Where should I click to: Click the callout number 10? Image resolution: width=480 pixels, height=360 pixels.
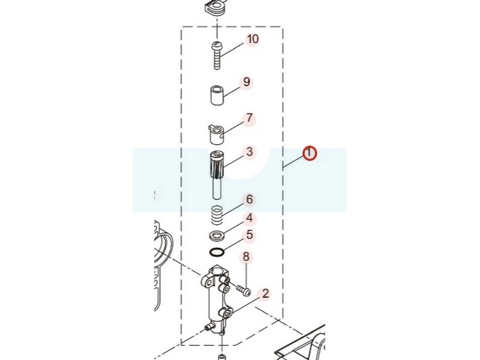click(x=253, y=39)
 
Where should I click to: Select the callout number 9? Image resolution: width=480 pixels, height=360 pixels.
click(x=247, y=82)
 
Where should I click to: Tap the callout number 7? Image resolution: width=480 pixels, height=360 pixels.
click(x=250, y=118)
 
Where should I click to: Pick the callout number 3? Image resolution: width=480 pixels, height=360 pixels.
click(x=250, y=152)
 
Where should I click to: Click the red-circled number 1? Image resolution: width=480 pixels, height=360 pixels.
click(x=310, y=154)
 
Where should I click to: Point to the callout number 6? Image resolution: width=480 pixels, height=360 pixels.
click(x=250, y=200)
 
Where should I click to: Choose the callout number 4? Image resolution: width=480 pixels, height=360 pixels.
click(x=250, y=218)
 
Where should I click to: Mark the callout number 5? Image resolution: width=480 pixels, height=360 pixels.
click(x=250, y=235)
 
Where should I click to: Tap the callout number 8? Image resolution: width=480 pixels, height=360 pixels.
click(x=246, y=257)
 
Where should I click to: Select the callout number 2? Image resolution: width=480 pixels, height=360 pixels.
click(x=265, y=293)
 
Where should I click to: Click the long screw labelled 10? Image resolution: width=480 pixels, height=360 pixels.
click(x=217, y=56)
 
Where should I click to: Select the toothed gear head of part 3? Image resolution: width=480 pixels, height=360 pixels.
click(x=217, y=164)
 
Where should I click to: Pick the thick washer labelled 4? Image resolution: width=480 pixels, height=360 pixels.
click(x=217, y=236)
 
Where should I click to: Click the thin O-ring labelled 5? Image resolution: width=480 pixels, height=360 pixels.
click(x=217, y=252)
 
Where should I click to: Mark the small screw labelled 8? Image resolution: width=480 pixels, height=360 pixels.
click(x=244, y=290)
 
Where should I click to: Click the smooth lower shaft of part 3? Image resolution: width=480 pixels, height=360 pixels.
click(x=218, y=188)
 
